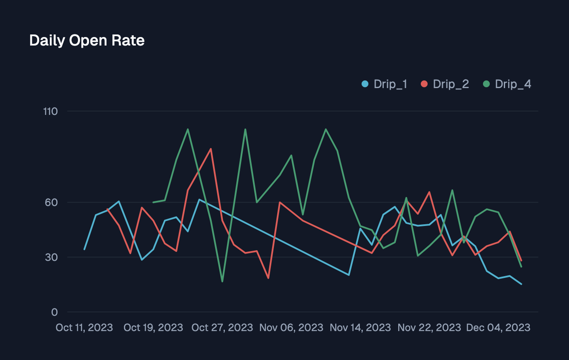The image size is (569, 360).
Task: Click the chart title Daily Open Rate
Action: click(87, 41)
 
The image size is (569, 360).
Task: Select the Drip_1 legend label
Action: click(390, 84)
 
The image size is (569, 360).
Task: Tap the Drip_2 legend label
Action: click(451, 84)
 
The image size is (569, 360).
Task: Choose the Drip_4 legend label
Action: click(513, 84)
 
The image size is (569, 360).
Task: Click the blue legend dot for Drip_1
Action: click(365, 84)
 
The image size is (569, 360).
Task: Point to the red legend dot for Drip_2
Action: click(424, 84)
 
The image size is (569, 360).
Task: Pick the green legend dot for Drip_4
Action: click(486, 84)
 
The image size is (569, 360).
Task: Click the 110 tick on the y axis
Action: click(50, 111)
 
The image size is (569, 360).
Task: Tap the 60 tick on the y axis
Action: click(51, 203)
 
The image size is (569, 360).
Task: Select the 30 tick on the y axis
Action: click(51, 257)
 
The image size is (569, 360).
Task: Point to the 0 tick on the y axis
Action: click(54, 312)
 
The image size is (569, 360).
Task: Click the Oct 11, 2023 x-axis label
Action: click(84, 328)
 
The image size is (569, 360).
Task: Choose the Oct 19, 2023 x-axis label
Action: click(153, 328)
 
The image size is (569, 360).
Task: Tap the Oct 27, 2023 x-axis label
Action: click(222, 328)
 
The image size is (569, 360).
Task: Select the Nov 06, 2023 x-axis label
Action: click(291, 328)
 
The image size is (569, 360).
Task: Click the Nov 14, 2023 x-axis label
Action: click(360, 328)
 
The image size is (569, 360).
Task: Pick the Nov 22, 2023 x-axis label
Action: click(429, 328)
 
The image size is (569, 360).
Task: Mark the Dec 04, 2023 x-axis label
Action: click(498, 328)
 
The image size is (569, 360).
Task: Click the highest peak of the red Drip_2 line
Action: click(211, 149)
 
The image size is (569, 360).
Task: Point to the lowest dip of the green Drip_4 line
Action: click(222, 281)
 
